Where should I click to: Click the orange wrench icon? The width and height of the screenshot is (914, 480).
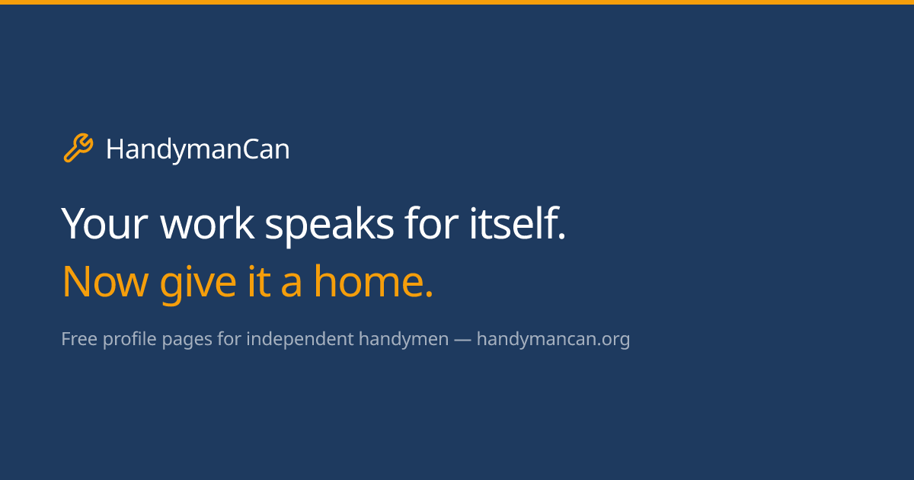point(78,148)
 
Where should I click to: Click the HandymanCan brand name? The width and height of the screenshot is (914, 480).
point(197,149)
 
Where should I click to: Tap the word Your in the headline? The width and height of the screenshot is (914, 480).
point(104,225)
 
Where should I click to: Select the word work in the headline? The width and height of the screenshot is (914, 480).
point(206,225)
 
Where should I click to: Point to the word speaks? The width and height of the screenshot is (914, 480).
point(329,225)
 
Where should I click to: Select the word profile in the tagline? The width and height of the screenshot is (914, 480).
point(129,339)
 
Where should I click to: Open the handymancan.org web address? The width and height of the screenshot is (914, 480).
point(553,340)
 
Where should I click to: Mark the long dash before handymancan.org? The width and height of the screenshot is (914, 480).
point(462,340)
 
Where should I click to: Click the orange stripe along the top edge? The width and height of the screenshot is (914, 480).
point(457,2)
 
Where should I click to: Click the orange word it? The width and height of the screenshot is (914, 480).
point(257,282)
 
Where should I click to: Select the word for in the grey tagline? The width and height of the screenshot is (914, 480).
point(228,339)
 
